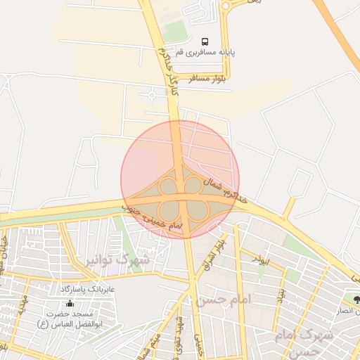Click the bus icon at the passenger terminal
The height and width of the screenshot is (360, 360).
click(205, 41)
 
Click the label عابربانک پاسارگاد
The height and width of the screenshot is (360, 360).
click(87, 289)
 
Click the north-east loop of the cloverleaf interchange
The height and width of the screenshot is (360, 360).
click(193, 185)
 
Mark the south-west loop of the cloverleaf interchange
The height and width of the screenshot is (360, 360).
click(169, 210)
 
